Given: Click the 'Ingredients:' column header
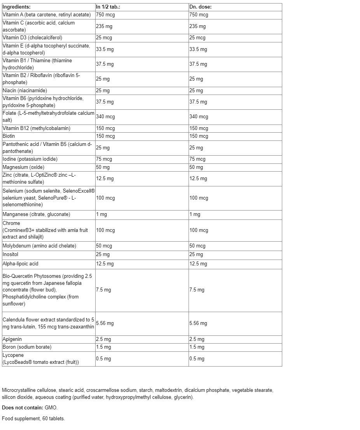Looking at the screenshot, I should click(16, 7).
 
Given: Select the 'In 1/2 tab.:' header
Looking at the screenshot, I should click(108, 7).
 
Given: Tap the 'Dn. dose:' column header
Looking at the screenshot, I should click(200, 7).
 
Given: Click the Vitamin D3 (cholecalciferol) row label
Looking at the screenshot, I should click(32, 38).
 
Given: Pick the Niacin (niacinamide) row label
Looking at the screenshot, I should click(25, 91).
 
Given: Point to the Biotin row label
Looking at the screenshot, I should click(9, 136).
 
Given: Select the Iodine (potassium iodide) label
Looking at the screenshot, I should click(30, 159).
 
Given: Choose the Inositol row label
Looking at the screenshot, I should click(10, 254).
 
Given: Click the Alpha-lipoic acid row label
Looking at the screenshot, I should click(21, 264).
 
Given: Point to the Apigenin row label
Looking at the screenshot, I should click(12, 339).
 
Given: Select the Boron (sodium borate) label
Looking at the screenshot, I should click(27, 347).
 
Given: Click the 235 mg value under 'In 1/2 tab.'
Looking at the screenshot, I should click(104, 26).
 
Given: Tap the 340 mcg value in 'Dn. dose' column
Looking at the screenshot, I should click(199, 117).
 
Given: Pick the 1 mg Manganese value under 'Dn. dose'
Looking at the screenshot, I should click(195, 214).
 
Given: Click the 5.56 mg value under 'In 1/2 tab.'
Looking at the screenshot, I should click(105, 323).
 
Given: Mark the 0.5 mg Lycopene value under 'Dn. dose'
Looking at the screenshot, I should click(197, 359).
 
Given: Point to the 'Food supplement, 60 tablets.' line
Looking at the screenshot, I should click(33, 419).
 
